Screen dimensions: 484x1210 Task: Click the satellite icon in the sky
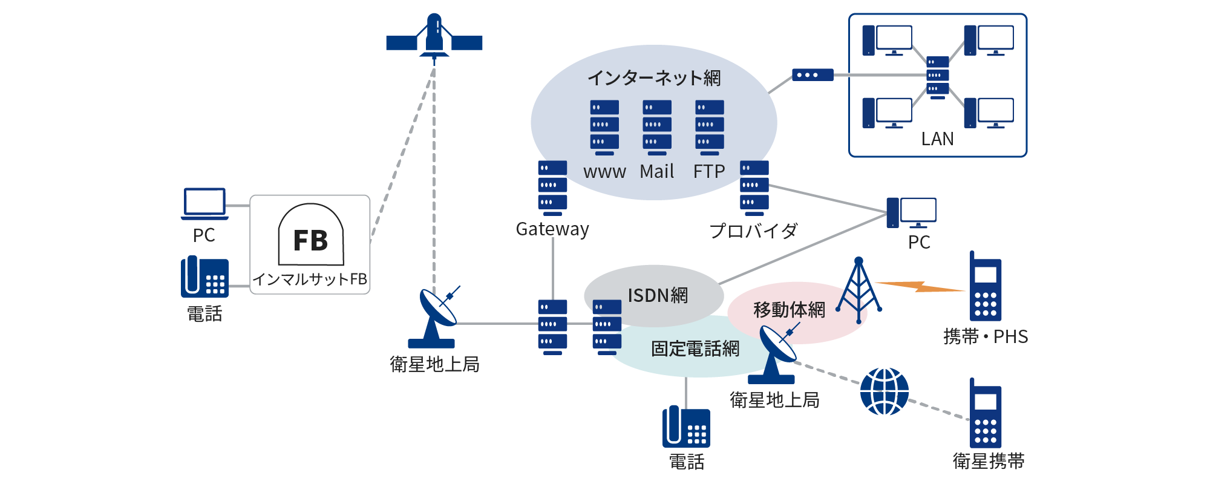434,38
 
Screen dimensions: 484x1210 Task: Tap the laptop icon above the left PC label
205,203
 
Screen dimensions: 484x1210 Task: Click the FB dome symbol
311,236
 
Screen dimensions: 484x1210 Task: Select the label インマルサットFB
310,280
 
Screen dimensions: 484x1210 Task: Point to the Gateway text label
552,229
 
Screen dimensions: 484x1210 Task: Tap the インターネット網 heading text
653,78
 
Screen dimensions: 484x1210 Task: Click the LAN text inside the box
937,139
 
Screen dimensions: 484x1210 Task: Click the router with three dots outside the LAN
813,75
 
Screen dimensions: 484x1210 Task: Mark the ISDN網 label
658,295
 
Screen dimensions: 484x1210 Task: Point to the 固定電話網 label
695,349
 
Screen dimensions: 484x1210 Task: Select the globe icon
884,391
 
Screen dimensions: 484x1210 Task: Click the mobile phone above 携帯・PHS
985,287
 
